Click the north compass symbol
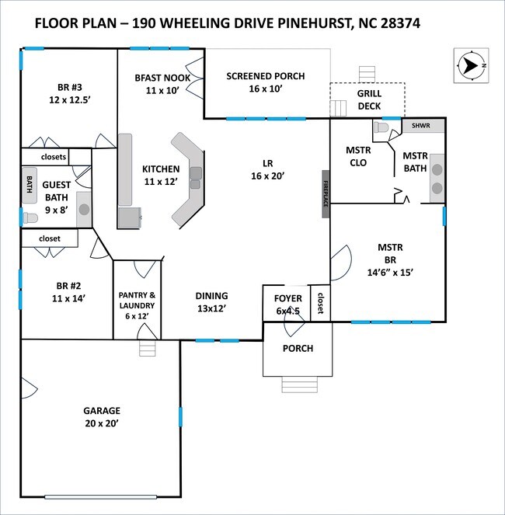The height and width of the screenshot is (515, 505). pos(471,66)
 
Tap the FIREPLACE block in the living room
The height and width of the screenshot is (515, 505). pos(326,193)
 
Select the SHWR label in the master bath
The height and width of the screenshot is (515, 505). pos(420,126)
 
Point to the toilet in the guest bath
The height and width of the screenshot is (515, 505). pos(30,217)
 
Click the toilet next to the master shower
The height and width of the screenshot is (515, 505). pos(381,127)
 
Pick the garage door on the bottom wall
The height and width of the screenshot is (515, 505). pos(100,497)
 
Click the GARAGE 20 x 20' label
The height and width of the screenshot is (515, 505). pos(102,417)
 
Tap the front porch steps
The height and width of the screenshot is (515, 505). pos(300,385)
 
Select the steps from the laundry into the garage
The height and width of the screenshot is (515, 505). pos(147,348)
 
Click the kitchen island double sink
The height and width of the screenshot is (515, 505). pos(196,178)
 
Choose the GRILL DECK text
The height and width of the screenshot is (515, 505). pos(369,100)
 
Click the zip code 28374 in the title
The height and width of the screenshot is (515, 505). pos(400,23)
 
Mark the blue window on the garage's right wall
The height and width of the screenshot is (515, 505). pos(180,417)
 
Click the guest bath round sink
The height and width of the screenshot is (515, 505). pos(84,209)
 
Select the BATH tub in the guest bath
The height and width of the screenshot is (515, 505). pos(30,185)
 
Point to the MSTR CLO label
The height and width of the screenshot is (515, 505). pos(358,156)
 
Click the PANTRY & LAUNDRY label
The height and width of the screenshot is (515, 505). pos(137,305)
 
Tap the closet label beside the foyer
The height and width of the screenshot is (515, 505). pos(320,303)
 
